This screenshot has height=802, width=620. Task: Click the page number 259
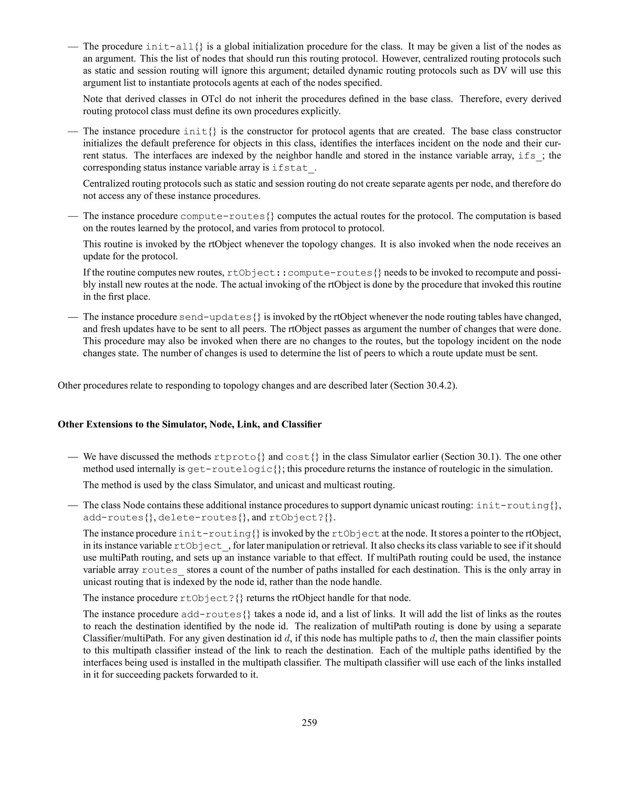tap(309, 723)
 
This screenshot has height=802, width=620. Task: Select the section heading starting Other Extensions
tap(190, 425)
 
